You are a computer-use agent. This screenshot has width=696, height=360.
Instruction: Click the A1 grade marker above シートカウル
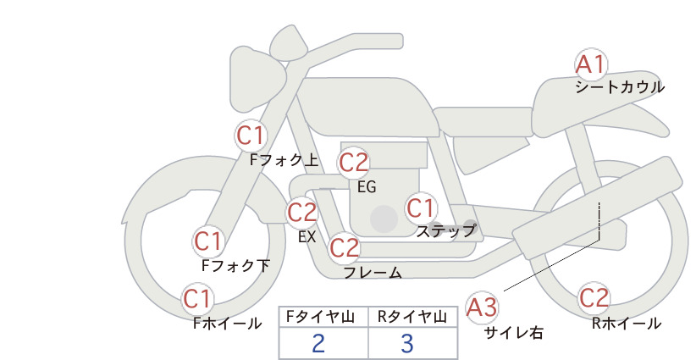(x=590, y=65)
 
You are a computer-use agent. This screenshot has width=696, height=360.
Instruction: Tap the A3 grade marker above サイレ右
(x=482, y=307)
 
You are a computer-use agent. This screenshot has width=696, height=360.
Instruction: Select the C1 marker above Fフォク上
(x=251, y=136)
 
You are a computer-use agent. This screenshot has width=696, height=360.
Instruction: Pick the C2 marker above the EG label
(x=354, y=163)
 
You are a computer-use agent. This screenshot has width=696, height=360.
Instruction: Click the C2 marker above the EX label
(x=301, y=213)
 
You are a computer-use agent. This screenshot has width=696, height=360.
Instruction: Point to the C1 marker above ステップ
(x=420, y=208)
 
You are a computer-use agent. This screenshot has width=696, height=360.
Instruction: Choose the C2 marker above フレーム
(x=345, y=248)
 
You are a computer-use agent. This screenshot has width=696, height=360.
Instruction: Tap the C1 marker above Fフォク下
(x=208, y=242)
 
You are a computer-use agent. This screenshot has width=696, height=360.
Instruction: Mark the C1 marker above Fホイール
(x=197, y=299)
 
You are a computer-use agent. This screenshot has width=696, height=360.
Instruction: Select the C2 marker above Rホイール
(x=594, y=298)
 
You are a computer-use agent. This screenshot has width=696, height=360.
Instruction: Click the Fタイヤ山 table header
(x=320, y=317)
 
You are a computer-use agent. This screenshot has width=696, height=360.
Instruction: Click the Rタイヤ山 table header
(x=412, y=317)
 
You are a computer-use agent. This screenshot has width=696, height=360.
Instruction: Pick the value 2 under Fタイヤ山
(x=318, y=343)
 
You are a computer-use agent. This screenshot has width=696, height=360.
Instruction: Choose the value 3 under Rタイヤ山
(x=407, y=343)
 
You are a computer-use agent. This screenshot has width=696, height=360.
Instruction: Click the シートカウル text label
(x=620, y=87)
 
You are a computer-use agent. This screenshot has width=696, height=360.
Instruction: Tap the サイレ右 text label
(x=513, y=333)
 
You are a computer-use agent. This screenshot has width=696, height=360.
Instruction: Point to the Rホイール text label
(x=627, y=324)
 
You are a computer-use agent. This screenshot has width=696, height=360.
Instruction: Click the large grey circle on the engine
(x=384, y=219)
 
